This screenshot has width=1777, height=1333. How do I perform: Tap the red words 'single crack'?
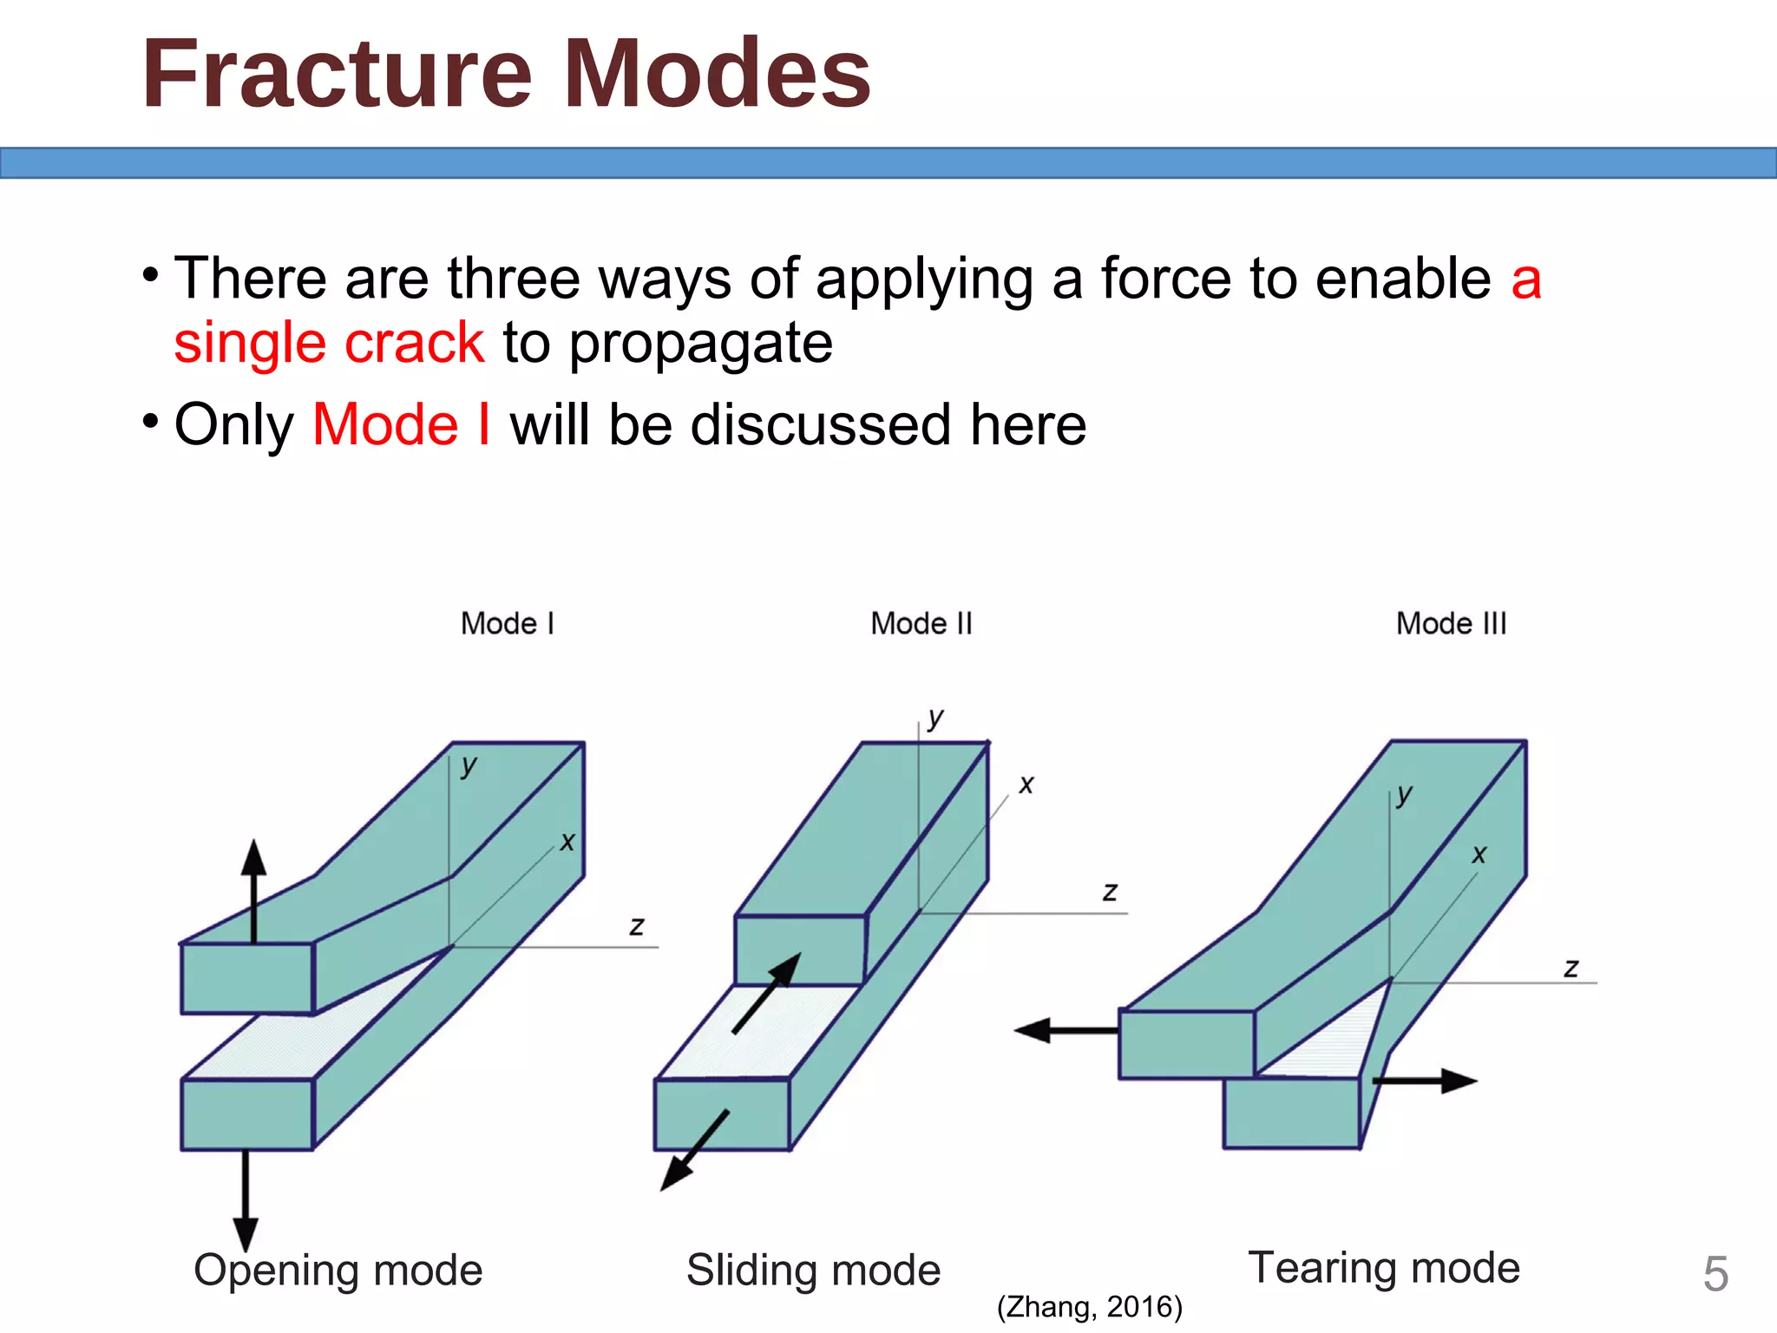coord(329,343)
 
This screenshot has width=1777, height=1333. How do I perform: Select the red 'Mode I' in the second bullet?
coord(402,425)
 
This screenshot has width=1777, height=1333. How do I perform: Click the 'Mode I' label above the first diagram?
coord(508,624)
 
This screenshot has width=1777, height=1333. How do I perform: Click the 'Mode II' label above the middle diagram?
coord(921,624)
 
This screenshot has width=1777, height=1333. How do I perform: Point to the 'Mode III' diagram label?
coord(1451,624)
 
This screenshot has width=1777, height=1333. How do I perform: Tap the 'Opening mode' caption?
coord(338,1271)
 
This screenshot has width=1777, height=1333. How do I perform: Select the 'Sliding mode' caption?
coord(813,1271)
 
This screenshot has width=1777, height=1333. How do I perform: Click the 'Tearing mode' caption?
coord(1384,1268)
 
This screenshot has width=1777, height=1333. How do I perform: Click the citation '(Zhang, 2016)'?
coord(1090,1307)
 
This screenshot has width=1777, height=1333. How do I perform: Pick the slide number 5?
coord(1715,1275)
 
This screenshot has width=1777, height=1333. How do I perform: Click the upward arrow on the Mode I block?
coord(253,890)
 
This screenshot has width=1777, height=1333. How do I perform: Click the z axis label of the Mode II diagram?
coord(1110,892)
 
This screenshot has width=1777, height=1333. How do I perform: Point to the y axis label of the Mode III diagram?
coord(1405,794)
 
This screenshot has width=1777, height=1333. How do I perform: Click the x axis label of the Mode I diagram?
coord(567,842)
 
